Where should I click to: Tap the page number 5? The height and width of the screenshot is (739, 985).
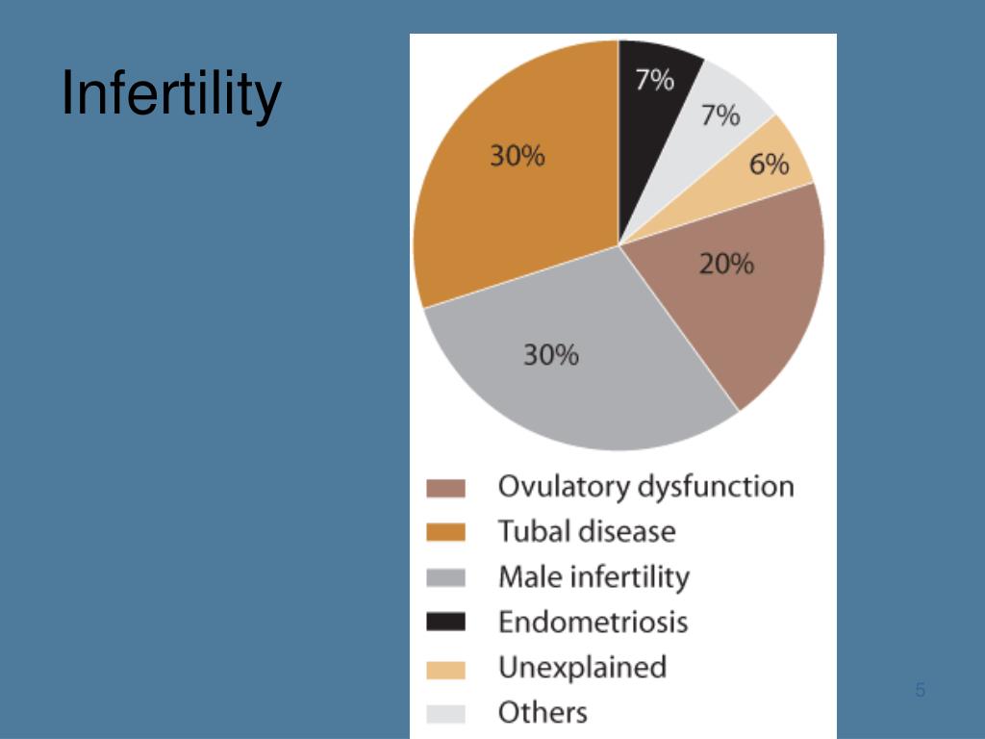(x=921, y=690)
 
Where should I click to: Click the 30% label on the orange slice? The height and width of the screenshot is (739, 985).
(x=518, y=155)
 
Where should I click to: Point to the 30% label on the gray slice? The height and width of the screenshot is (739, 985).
(x=551, y=355)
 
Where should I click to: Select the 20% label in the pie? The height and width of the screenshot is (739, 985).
(x=726, y=263)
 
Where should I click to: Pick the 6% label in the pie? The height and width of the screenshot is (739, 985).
(x=769, y=165)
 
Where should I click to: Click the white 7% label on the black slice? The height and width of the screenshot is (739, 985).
(x=654, y=80)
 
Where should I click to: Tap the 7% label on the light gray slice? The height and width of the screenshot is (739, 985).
(x=720, y=115)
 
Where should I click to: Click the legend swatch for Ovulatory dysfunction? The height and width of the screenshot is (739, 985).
(x=445, y=489)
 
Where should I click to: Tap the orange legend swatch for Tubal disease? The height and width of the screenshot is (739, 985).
(x=445, y=532)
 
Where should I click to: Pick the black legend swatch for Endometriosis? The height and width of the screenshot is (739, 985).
(x=445, y=623)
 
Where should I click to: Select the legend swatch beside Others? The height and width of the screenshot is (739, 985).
(x=445, y=714)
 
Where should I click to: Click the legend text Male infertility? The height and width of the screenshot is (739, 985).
(x=594, y=577)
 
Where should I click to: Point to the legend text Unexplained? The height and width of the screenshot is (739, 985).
(x=582, y=667)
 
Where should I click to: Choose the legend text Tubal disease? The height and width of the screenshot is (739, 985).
(x=587, y=531)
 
